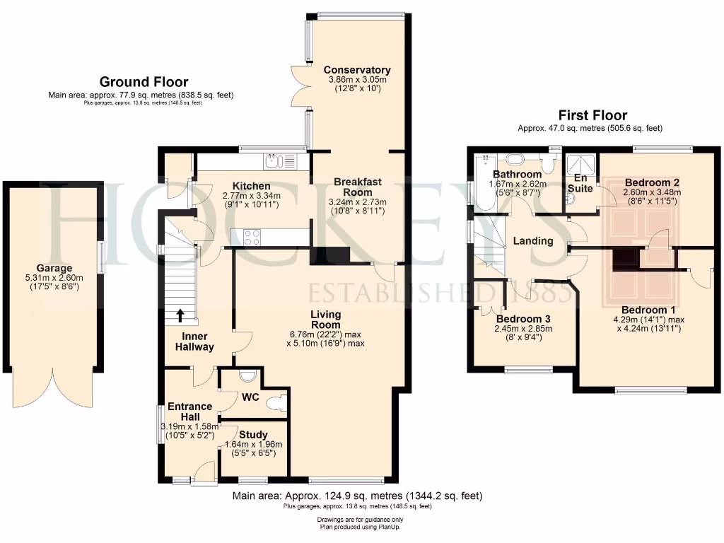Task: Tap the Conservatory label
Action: [x=357, y=70]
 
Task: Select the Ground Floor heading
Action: [x=144, y=82]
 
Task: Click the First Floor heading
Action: [x=592, y=115]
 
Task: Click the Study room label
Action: [x=253, y=435]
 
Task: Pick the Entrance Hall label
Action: [x=189, y=411]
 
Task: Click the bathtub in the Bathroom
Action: [x=484, y=182]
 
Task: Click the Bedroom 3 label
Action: [x=523, y=318]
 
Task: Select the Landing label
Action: [x=533, y=241]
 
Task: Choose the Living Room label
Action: [x=325, y=320]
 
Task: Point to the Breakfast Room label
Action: [x=357, y=187]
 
